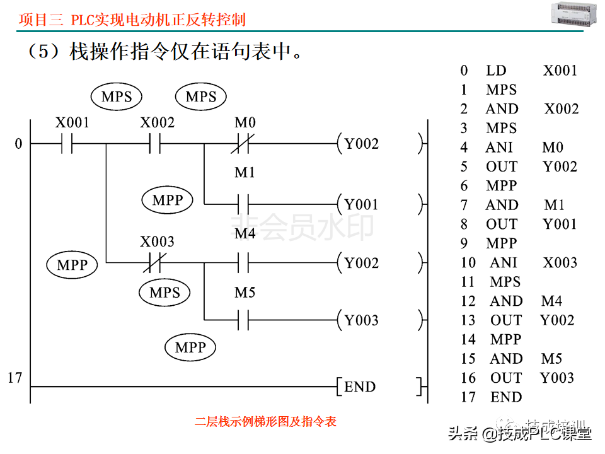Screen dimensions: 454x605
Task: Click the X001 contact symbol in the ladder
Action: click(67, 144)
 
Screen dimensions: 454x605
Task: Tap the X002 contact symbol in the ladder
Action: click(155, 144)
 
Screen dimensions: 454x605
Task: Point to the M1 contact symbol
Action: click(244, 204)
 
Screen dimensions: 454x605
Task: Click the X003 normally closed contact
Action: click(155, 262)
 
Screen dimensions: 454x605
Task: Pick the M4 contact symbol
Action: click(244, 262)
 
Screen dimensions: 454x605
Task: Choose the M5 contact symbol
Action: click(244, 320)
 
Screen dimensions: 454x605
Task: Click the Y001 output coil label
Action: click(361, 204)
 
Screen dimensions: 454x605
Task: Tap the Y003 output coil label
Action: click(361, 320)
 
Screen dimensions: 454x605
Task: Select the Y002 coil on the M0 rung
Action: click(361, 144)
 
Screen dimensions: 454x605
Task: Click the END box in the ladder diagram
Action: click(360, 387)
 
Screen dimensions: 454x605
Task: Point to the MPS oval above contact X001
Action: click(117, 97)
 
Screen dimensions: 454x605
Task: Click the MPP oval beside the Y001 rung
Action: click(168, 201)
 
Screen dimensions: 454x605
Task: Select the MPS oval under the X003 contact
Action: click(164, 293)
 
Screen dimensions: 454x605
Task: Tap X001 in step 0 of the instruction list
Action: click(560, 71)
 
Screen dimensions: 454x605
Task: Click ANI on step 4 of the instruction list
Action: click(500, 148)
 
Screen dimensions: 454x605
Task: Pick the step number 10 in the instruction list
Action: click(468, 263)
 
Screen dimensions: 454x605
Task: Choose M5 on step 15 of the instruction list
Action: click(551, 359)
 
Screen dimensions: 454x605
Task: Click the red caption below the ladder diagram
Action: click(265, 421)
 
